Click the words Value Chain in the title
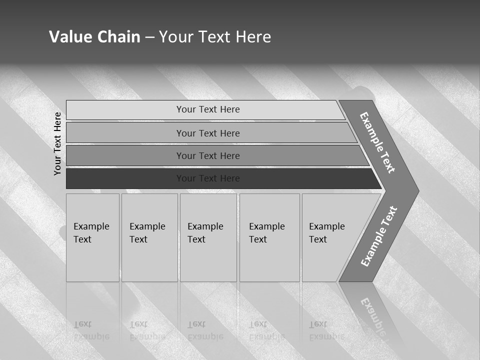click(94, 37)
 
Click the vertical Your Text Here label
click(57, 143)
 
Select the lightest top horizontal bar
click(125, 110)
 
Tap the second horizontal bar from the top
click(125, 133)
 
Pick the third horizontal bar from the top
click(125, 155)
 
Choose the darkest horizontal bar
click(125, 178)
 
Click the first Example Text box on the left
click(92, 237)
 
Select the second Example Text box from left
click(149, 237)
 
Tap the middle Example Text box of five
click(208, 237)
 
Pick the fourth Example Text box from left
click(269, 237)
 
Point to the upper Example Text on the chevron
click(377, 142)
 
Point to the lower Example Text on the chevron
click(378, 236)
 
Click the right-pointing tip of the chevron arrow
click(416, 190)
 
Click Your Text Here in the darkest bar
click(208, 178)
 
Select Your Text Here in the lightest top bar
click(208, 109)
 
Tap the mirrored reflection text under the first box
click(91, 330)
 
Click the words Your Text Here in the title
click(215, 37)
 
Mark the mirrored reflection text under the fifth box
click(326, 330)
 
